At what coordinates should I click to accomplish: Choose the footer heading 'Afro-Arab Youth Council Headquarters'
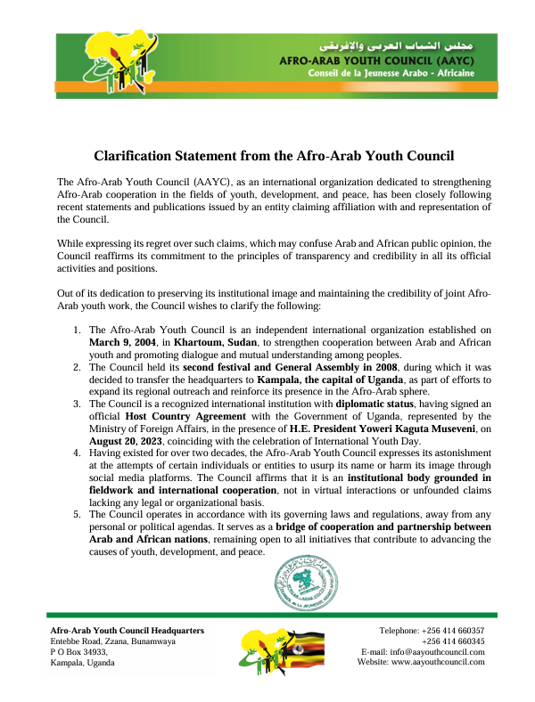coord(128,630)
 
